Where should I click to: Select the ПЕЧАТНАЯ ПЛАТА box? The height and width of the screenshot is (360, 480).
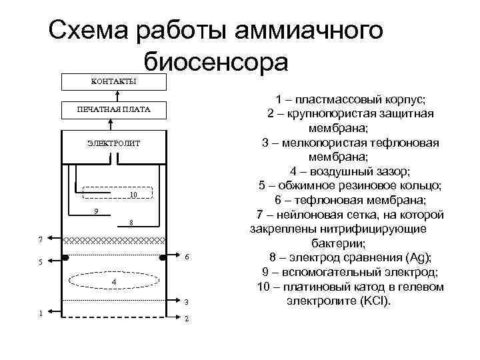click(113, 109)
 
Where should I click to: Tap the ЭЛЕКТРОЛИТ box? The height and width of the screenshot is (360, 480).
click(113, 143)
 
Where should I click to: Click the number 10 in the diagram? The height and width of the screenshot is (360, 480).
click(133, 195)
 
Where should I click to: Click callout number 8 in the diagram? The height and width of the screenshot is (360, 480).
click(131, 223)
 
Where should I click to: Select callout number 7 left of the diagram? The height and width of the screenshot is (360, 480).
click(41, 238)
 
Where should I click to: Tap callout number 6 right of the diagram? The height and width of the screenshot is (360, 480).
click(187, 257)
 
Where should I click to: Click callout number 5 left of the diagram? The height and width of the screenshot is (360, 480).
click(41, 262)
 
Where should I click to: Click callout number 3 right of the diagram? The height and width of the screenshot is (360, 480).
click(187, 302)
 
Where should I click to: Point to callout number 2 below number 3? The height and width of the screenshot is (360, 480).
click(187, 318)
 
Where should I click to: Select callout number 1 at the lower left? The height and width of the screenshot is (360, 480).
click(41, 313)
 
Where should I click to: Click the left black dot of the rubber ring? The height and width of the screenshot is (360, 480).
click(65, 257)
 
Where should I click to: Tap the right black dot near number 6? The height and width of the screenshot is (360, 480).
click(162, 257)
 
